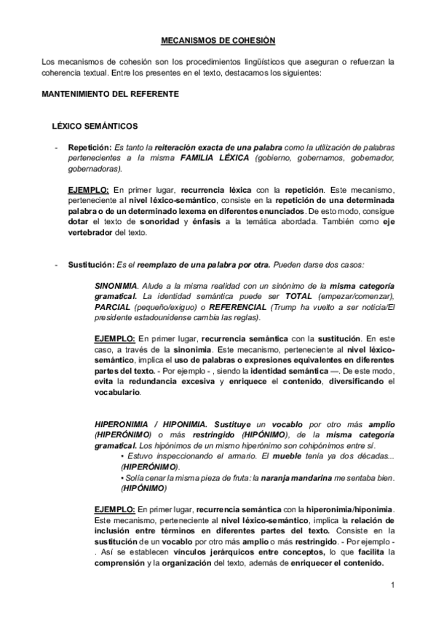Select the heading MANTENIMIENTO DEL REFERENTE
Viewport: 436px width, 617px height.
[100, 95]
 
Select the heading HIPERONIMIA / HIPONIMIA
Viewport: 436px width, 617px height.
[162, 423]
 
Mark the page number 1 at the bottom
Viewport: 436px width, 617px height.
[392, 585]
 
